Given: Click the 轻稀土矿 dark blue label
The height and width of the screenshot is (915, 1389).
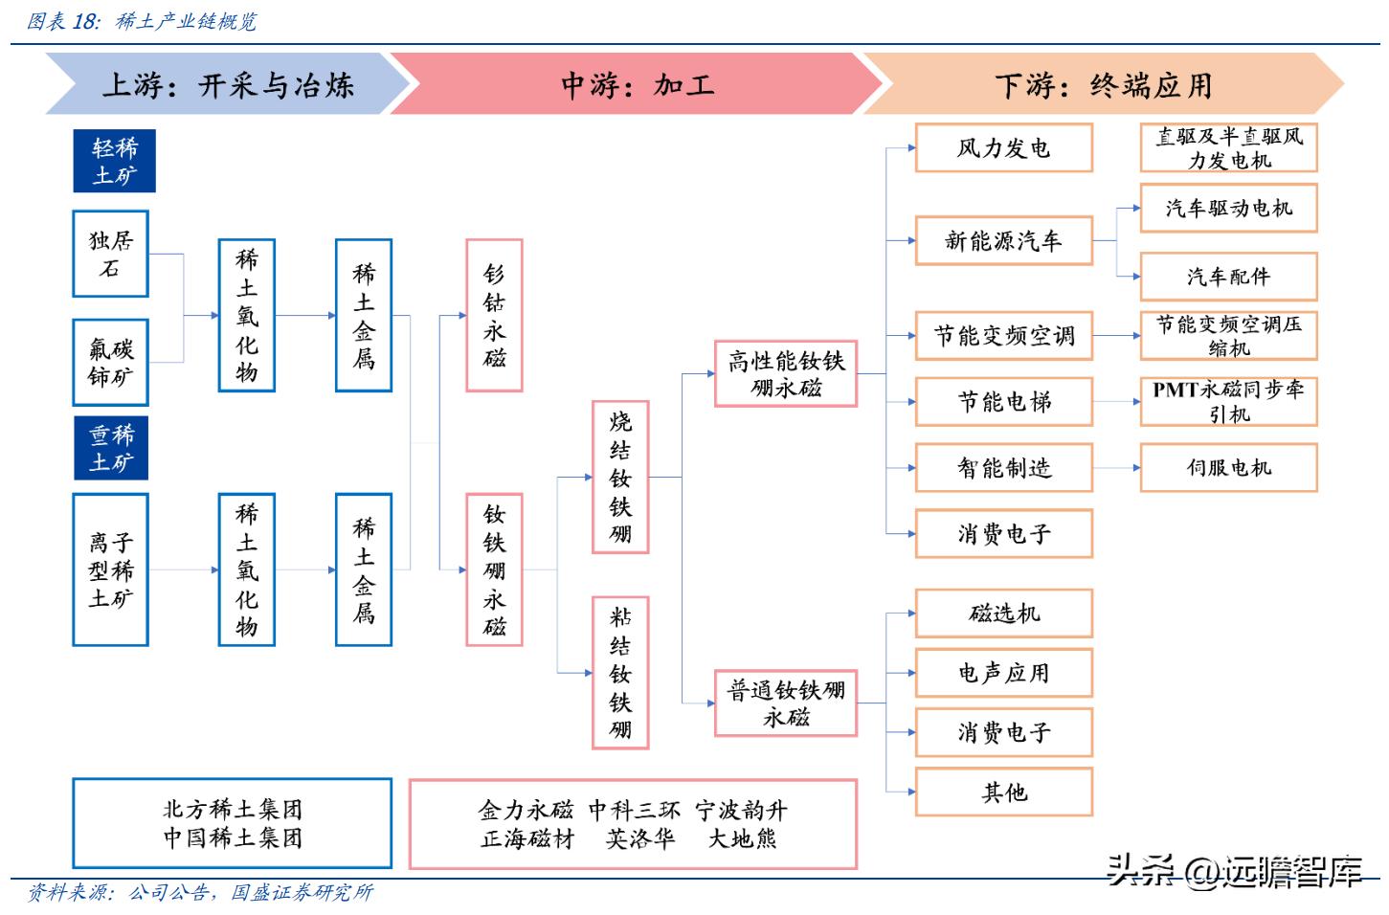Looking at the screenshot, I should [114, 161].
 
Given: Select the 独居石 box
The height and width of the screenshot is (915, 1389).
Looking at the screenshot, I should [110, 254].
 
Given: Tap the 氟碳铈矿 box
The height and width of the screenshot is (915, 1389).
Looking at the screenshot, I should [110, 362].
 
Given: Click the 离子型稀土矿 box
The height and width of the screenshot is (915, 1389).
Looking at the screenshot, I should [110, 569].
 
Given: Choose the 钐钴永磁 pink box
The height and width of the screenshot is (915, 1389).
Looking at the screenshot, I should [494, 315].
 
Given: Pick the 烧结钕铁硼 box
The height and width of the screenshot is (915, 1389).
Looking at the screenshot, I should [620, 477].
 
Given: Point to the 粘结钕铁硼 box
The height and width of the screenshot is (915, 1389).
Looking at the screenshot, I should [620, 672].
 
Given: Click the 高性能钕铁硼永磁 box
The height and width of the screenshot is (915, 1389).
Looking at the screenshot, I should [785, 373].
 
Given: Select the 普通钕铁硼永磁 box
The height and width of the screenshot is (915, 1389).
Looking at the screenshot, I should [785, 703].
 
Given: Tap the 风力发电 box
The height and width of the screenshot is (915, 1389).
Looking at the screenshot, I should [1003, 147].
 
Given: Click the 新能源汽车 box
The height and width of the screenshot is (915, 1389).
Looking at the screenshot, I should [1003, 240].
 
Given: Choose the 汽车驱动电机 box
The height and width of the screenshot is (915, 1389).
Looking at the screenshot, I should [1228, 208].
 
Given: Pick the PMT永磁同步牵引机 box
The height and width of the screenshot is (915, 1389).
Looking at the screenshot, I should [1228, 401].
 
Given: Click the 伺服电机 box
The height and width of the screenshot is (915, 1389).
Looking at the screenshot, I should [1228, 467].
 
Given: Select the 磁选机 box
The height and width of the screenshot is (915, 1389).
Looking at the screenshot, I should [1003, 614].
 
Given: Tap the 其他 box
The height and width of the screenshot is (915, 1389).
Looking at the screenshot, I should [1003, 792].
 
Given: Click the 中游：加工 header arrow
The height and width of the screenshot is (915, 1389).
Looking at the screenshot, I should [636, 84].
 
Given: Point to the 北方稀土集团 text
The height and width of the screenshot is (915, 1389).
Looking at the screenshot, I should [233, 810].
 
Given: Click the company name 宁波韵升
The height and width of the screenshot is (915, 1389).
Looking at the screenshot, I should [741, 811].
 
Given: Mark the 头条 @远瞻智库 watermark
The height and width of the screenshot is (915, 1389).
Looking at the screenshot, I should [1235, 871].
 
